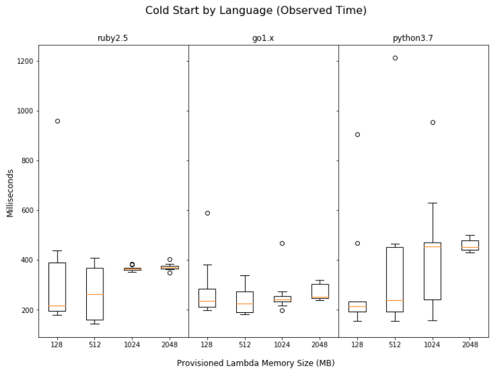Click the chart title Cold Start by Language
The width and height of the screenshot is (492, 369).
point(256,11)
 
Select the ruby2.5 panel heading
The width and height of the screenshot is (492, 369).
point(113,38)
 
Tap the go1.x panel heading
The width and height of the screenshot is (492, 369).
point(263,38)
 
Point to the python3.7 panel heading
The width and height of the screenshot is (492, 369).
point(414,38)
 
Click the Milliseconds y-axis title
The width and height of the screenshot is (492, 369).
point(11,192)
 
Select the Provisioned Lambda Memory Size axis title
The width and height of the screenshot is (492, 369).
point(255,363)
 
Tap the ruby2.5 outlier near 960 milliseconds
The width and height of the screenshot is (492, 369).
point(57,121)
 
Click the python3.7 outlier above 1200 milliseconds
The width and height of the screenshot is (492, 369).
point(395,58)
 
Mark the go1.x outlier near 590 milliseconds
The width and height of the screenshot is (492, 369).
point(207,213)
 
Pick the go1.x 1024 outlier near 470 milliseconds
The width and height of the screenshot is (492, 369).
point(282,243)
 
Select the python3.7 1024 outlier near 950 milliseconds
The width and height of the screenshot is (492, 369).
point(433,122)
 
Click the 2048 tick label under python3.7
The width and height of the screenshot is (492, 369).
point(470,344)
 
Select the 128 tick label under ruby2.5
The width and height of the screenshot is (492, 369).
point(57,344)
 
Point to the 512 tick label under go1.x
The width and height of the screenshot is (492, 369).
point(245,344)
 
